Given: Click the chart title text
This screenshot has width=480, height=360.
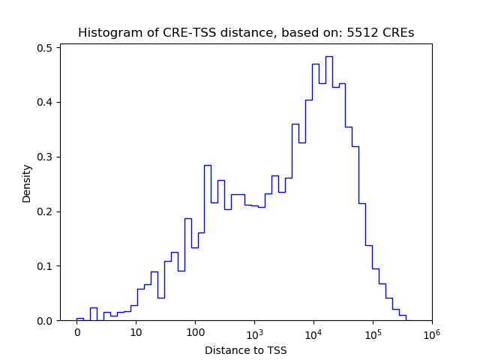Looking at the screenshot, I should [x=246, y=33].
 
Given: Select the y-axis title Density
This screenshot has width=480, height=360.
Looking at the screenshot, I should [x=27, y=183].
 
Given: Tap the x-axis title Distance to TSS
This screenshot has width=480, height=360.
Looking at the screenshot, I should [x=246, y=350].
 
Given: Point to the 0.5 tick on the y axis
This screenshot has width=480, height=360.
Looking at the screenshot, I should [x=46, y=48].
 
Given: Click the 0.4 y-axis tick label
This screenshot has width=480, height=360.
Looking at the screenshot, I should [x=46, y=103].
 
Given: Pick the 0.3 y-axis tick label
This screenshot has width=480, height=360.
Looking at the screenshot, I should [x=46, y=157].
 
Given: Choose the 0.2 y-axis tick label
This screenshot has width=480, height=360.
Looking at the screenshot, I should [x=46, y=211].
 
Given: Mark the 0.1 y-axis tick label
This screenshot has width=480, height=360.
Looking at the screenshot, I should [x=46, y=266].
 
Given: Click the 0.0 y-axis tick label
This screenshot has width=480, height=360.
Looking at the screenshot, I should [x=46, y=321].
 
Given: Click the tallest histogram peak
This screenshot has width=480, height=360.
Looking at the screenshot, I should [x=328, y=57].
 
